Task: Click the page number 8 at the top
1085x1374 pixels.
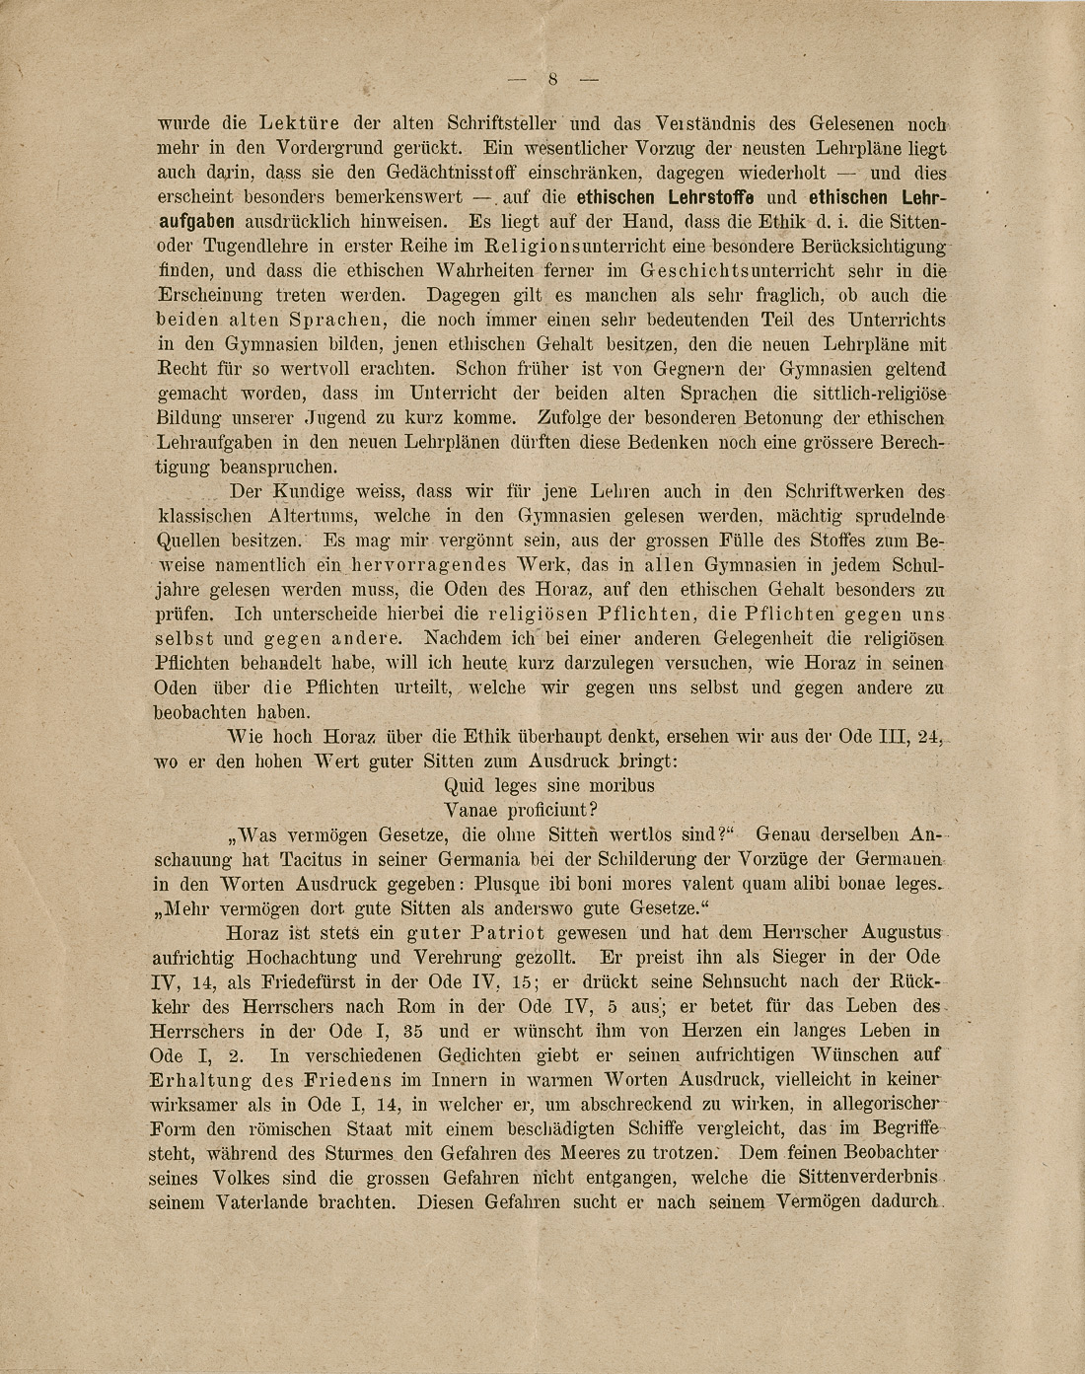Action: point(553,80)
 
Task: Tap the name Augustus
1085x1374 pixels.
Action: point(902,933)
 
